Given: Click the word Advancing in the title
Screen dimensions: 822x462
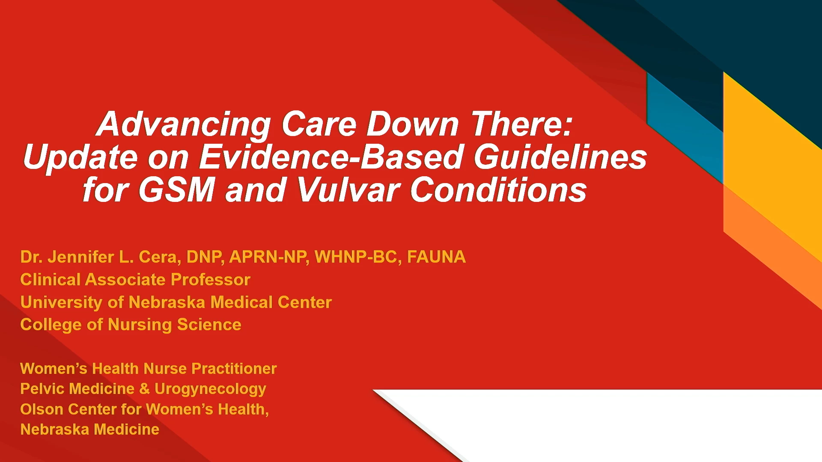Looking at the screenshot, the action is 184,124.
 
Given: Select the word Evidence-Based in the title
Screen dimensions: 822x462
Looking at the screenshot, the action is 331,157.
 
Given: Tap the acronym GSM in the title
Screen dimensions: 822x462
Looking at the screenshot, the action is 177,190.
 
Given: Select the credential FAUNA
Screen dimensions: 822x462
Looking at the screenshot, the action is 436,257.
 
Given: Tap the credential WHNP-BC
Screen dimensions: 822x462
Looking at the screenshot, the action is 358,257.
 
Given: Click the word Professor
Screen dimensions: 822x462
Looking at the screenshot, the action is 210,279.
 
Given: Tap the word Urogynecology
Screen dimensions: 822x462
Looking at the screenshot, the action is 210,389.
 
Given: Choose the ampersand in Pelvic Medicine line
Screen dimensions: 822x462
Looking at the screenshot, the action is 145,388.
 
